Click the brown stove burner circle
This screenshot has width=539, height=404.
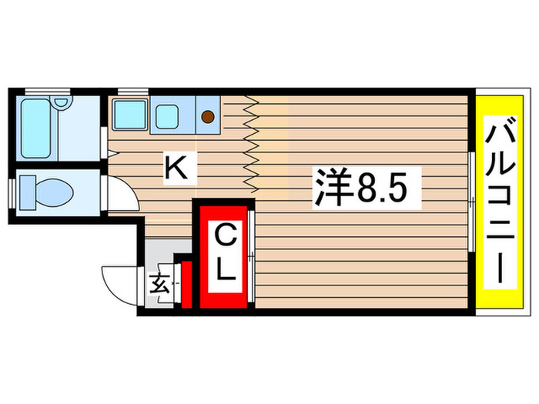(207, 117)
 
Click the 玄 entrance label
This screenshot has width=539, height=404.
(159, 285)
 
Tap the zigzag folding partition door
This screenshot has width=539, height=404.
(251, 145)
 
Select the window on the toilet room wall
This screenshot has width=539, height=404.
(12, 192)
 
